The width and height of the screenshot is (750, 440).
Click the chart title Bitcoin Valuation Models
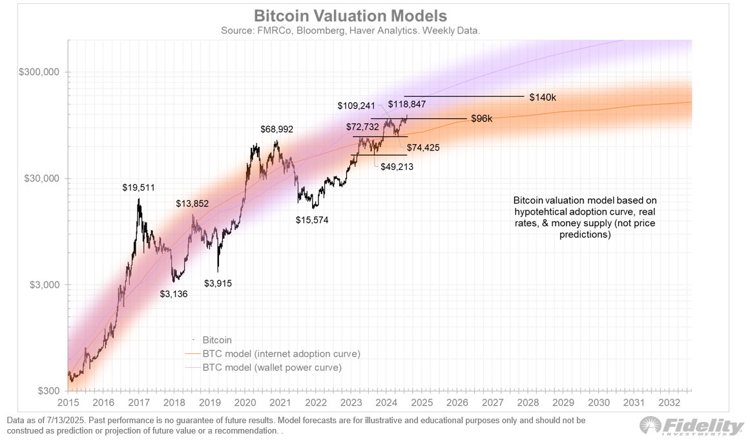coord(349,16)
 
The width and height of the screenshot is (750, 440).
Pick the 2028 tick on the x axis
coord(528,403)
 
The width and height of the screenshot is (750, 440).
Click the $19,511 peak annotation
coord(139,188)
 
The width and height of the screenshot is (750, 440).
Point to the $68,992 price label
coord(277,129)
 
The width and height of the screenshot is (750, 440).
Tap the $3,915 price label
coord(218,283)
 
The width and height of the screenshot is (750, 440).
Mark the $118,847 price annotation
coord(407,104)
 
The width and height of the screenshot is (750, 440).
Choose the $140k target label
coord(542,98)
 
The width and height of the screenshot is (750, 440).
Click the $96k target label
coord(481,120)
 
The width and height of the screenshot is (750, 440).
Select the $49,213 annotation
coord(397,166)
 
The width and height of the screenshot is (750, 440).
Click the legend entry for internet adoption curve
coord(281,354)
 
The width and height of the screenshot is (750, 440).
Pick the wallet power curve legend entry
coord(272,368)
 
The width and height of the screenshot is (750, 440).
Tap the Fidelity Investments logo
coord(691,426)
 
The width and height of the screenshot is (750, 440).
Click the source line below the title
coord(349,30)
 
